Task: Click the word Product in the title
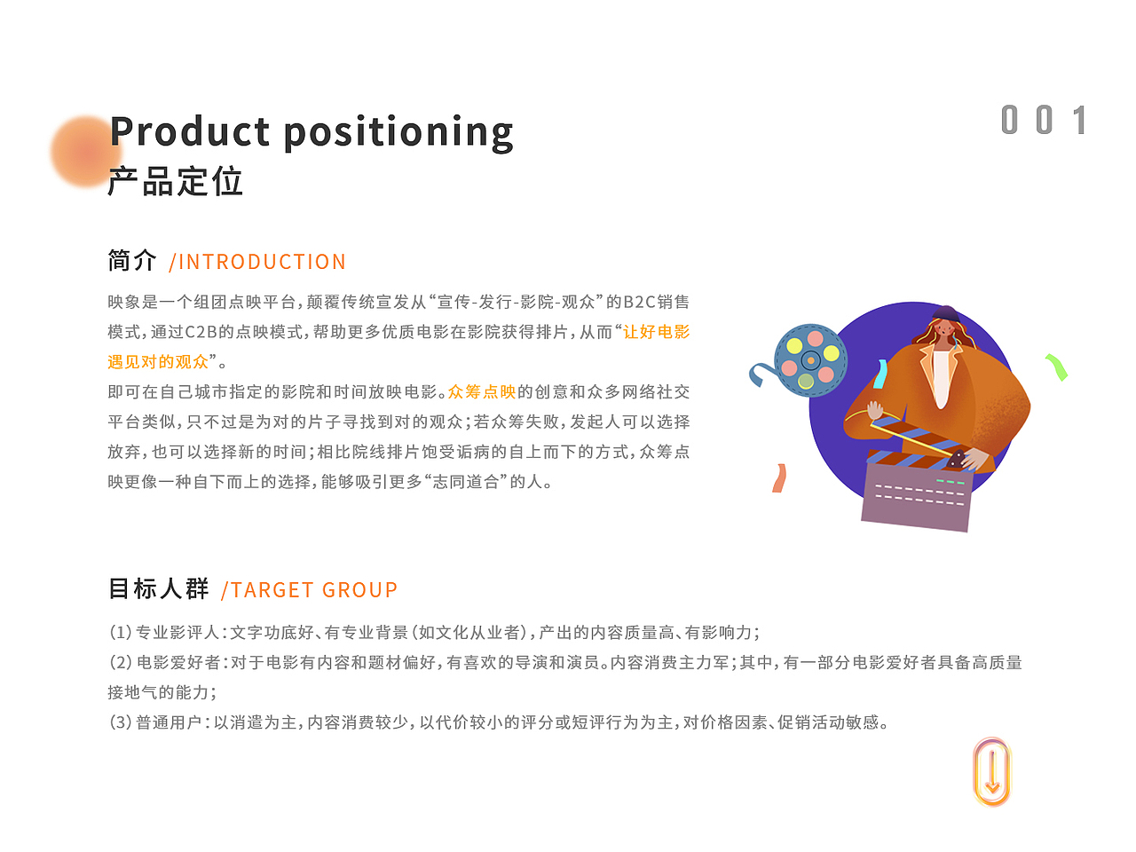pyautogui.click(x=189, y=130)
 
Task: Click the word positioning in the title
pyautogui.click(x=398, y=133)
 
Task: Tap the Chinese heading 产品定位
pyautogui.click(x=175, y=181)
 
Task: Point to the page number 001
pyautogui.click(x=1043, y=120)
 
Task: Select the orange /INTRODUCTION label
pyautogui.click(x=257, y=262)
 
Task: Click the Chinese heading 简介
pyautogui.click(x=131, y=260)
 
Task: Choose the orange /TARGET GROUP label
pyautogui.click(x=309, y=589)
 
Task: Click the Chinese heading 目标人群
pyautogui.click(x=158, y=588)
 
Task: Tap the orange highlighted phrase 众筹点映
pyautogui.click(x=482, y=391)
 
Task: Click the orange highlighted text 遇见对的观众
pyautogui.click(x=158, y=361)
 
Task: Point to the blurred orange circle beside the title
pyautogui.click(x=86, y=151)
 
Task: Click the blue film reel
pyautogui.click(x=810, y=360)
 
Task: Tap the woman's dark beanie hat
pyautogui.click(x=946, y=313)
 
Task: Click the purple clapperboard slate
pyautogui.click(x=917, y=495)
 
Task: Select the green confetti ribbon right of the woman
pyautogui.click(x=1057, y=367)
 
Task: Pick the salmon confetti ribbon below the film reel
pyautogui.click(x=779, y=478)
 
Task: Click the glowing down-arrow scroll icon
pyautogui.click(x=991, y=772)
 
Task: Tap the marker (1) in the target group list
pyautogui.click(x=121, y=632)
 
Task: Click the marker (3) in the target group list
pyautogui.click(x=121, y=722)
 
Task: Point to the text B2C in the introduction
pyautogui.click(x=639, y=302)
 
